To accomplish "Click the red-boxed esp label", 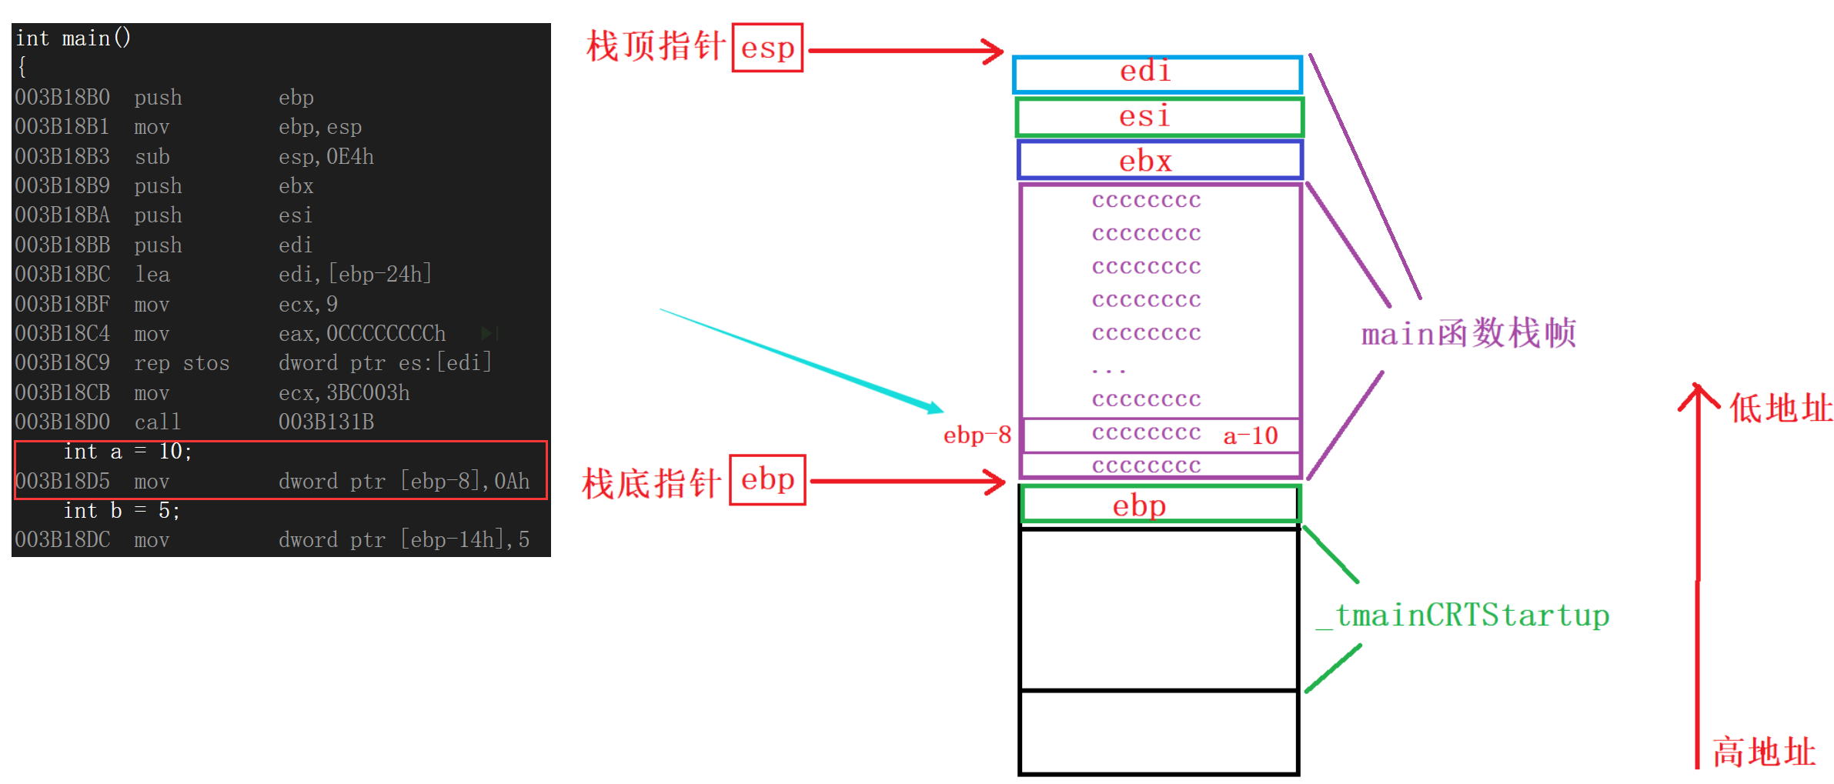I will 767,48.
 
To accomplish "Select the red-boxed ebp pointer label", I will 767,480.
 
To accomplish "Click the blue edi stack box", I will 1157,74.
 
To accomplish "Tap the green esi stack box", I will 1158,117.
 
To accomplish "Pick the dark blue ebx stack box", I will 1159,160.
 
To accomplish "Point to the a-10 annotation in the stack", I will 1250,436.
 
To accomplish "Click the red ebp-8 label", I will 977,435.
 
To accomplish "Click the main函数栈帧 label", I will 1468,334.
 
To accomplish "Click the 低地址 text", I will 1780,408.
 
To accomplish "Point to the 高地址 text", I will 1763,752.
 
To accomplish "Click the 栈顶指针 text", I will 655,46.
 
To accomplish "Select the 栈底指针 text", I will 651,483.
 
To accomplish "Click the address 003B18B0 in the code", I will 62,98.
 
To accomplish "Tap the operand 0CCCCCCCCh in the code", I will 386,334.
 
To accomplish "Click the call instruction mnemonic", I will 157,422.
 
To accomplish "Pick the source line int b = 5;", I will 122,511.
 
